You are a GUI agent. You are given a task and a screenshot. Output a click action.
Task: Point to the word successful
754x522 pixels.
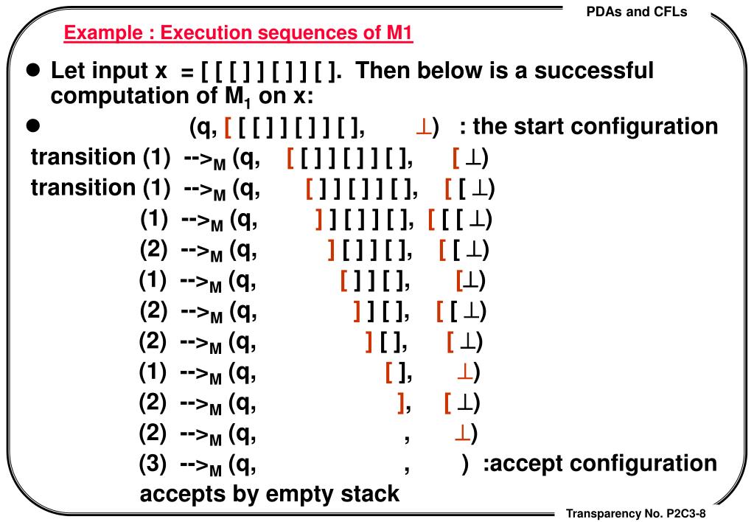coord(594,72)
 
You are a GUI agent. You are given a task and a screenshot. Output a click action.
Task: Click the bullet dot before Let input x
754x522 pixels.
coord(32,72)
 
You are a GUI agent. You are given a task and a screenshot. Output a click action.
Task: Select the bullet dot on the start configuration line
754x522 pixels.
coord(32,126)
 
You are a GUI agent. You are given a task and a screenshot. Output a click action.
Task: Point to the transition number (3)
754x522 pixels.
coord(154,464)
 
